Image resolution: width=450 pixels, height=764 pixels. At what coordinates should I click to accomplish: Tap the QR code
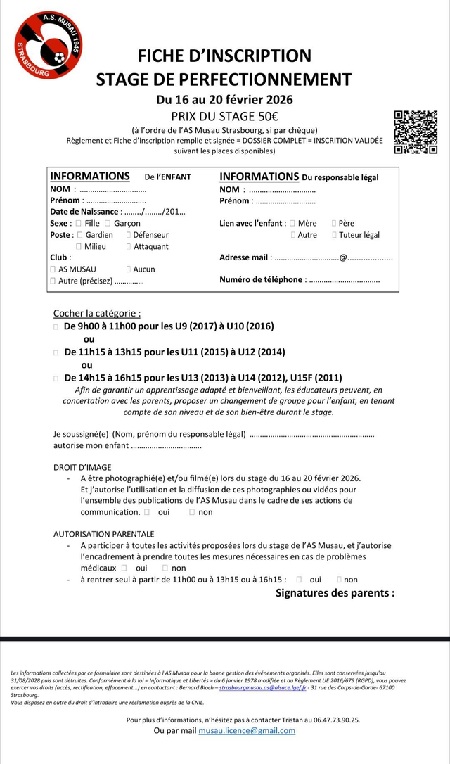pos(416,132)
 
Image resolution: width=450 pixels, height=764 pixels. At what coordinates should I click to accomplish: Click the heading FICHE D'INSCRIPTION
pos(224,56)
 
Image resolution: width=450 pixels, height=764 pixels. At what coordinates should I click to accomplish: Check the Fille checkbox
pos(79,223)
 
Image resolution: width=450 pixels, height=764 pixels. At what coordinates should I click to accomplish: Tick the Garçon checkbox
pos(108,223)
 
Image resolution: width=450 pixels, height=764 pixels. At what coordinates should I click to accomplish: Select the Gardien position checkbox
pos(79,235)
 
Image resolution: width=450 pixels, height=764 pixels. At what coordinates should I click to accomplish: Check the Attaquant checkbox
pos(128,246)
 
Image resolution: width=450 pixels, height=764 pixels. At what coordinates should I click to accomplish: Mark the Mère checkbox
pos(292,223)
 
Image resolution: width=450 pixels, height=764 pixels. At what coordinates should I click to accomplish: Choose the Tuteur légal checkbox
pos(334,235)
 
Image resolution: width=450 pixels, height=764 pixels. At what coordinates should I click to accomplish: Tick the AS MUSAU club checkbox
pos(53,269)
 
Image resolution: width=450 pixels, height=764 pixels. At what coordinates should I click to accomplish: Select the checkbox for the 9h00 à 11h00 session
pos(56,326)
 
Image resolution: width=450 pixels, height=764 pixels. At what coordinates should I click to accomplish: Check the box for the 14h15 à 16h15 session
pos(56,378)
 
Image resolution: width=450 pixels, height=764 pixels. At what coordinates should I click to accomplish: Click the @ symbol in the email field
pos(343,257)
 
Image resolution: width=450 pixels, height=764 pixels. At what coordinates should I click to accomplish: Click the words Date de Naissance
pos(84,212)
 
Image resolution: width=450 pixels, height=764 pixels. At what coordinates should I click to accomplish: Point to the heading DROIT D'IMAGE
pos(82,467)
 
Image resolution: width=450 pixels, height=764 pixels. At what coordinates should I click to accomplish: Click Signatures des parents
pos(335,592)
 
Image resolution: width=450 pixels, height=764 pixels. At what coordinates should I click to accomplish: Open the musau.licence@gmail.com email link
pos(247,730)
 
